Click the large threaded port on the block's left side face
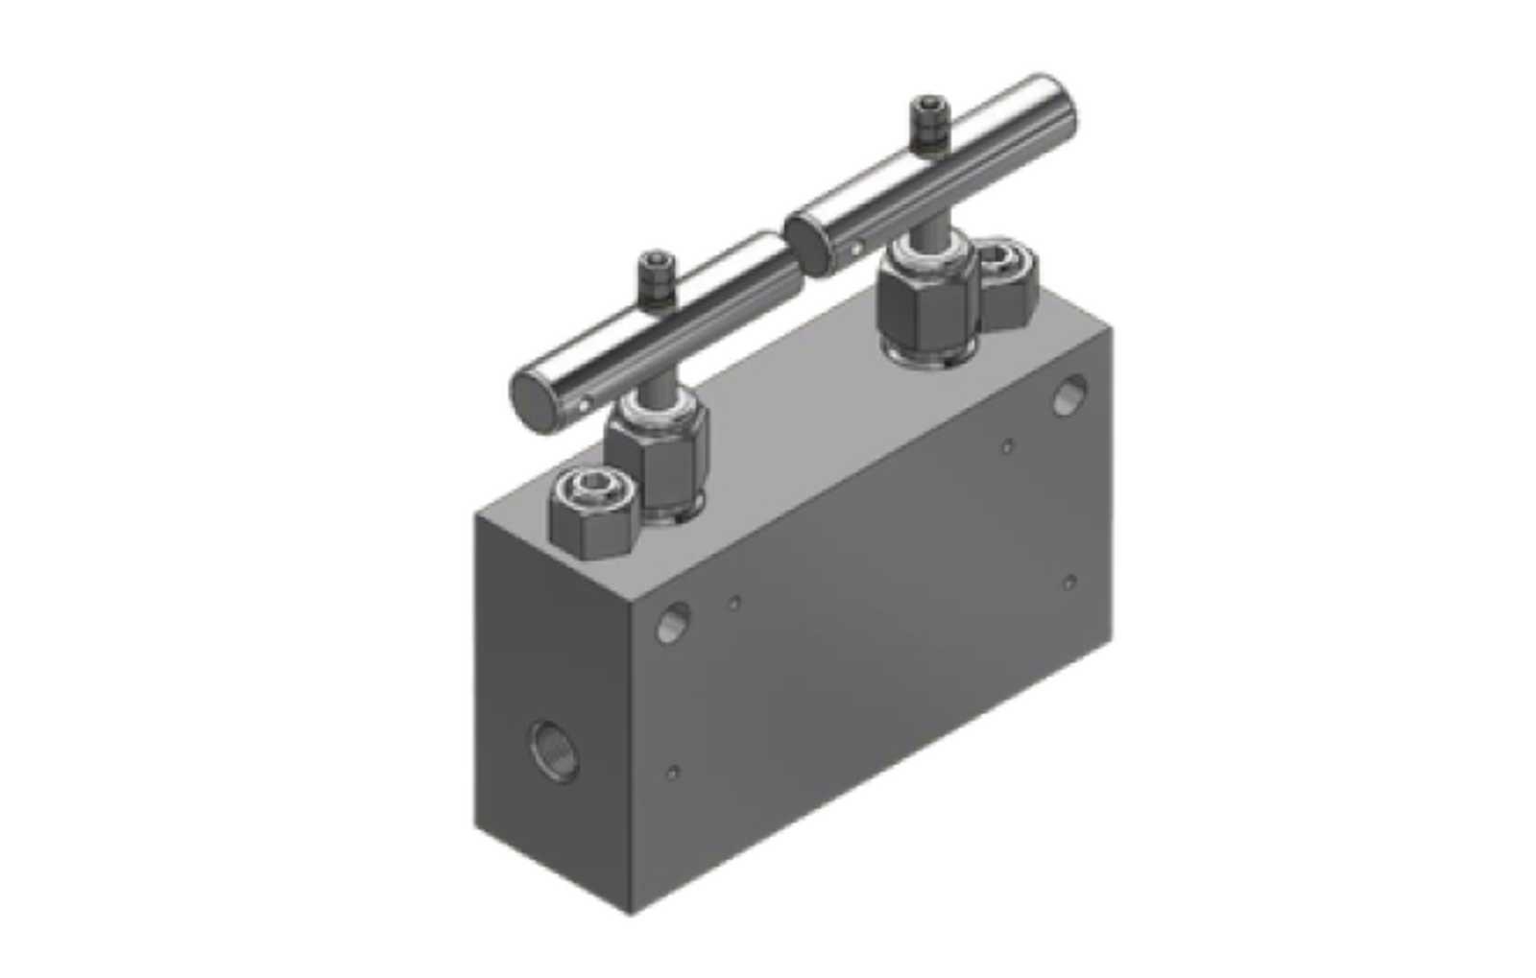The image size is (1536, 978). click(554, 751)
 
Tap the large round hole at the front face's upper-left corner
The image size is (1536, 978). click(671, 625)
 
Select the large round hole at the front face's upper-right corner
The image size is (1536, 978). click(1069, 394)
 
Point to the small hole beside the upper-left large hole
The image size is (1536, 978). click(734, 603)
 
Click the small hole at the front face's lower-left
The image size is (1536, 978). click(674, 771)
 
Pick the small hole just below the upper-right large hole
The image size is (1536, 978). click(1007, 445)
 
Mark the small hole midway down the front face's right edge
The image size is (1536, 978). click(1069, 581)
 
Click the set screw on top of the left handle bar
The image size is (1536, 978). click(656, 275)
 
